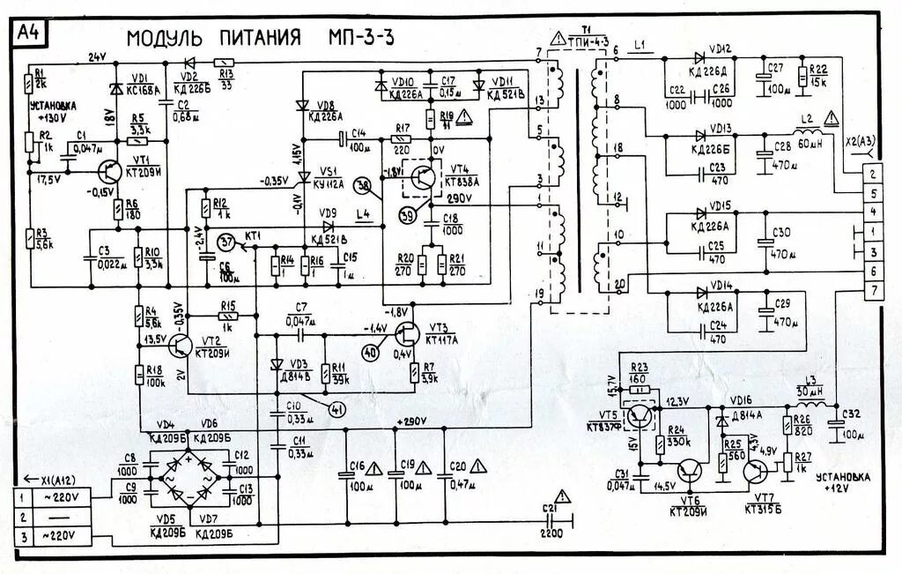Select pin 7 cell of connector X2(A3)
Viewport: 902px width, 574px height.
tap(871, 290)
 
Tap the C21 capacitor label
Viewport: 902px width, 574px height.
tap(552, 510)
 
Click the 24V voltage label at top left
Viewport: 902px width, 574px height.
tap(97, 57)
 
